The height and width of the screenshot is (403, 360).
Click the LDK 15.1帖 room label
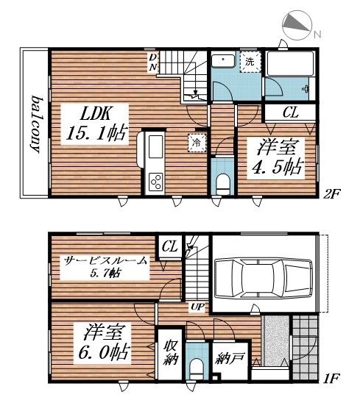coord(96,125)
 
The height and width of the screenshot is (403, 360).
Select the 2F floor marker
coord(336,196)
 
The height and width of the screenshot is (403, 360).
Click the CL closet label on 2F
coord(292,113)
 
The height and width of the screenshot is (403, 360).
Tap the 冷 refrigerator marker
coord(197,143)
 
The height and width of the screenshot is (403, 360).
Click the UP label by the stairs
coord(197,306)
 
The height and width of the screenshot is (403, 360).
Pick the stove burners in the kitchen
coord(157,180)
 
